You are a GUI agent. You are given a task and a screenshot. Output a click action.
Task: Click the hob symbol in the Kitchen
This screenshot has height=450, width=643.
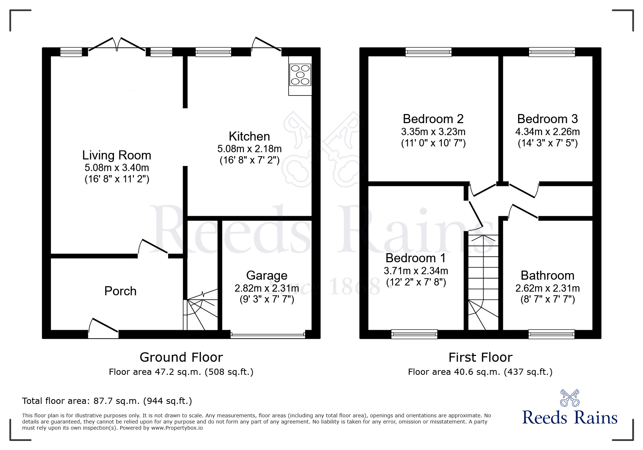pos(300,75)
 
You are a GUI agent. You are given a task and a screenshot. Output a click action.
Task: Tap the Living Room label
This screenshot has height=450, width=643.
pos(117,155)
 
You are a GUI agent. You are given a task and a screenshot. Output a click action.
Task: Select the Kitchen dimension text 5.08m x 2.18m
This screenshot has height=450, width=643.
pos(249,149)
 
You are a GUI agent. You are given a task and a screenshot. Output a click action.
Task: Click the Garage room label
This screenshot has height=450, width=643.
pos(266,275)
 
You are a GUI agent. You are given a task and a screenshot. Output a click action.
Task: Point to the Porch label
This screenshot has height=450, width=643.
pos(120,291)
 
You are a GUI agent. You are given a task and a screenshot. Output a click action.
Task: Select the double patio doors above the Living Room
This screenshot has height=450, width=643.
pos(117,45)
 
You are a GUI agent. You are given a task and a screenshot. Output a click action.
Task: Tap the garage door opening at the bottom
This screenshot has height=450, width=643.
pos(268,335)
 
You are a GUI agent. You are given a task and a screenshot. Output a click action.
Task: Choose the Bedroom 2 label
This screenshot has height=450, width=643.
pos(433,119)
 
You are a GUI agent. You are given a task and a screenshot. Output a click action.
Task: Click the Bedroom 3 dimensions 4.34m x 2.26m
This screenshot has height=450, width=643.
pos(547,131)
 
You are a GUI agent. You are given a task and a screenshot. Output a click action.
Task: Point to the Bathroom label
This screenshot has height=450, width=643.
pos(547,275)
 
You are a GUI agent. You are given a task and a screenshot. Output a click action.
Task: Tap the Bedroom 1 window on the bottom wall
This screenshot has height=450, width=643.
pos(414,334)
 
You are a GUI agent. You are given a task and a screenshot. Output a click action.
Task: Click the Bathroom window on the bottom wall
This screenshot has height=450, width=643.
pos(552,334)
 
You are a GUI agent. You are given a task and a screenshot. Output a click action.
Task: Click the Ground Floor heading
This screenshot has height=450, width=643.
pos(181,357)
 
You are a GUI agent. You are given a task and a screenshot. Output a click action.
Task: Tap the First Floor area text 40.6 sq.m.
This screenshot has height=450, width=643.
pos(480,372)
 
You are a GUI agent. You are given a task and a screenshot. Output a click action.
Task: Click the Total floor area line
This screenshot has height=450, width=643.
pos(107,401)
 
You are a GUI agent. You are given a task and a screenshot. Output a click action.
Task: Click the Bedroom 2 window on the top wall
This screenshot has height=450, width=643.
pos(428,52)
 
